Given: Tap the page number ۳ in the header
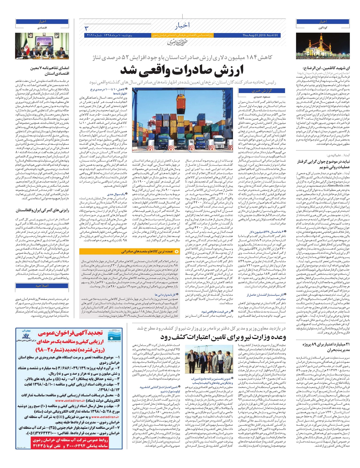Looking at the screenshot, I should click(87, 28).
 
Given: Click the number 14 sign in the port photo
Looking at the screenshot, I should click(191, 141).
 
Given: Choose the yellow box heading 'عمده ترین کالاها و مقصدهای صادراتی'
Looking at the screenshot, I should click(147, 251).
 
